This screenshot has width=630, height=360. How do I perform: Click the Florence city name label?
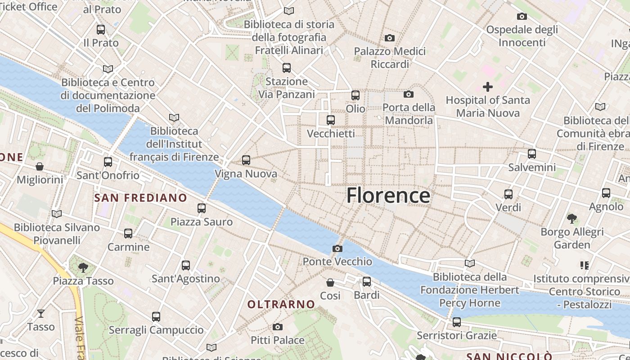coord(388,196)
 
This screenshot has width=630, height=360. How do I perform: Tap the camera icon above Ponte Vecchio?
coord(337,248)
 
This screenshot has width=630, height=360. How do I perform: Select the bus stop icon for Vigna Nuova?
coord(246,160)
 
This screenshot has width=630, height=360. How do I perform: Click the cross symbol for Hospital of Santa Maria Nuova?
coord(487,86)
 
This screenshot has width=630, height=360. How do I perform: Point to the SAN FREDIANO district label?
coord(140,198)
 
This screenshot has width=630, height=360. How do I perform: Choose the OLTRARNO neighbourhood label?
coord(281,304)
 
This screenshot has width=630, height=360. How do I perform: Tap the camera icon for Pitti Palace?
coord(278,327)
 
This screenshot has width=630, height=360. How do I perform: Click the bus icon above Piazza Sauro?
coord(202,208)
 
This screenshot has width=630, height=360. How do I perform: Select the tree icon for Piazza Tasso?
coord(83,268)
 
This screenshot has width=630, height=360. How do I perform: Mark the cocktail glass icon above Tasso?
coord(41,313)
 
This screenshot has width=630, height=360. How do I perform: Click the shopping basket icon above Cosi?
coord(330,282)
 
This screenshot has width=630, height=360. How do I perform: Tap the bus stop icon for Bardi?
coord(367,282)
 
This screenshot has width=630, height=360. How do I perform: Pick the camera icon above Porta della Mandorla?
coord(409,94)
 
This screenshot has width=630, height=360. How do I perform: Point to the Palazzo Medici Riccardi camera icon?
coord(390,38)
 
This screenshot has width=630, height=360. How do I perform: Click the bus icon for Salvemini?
coord(532,154)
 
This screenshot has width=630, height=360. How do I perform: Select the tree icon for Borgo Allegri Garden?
coord(572,219)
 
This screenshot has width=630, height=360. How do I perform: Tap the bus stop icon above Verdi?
coord(508,194)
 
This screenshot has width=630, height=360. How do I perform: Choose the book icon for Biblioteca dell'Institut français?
coord(174,117)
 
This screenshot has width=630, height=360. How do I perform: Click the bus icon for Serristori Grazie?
coord(457,322)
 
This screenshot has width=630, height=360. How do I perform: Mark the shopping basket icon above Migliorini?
coord(40,166)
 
